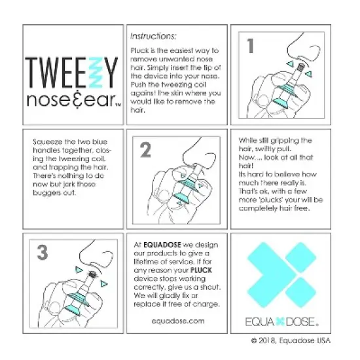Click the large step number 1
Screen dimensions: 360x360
click(249, 46)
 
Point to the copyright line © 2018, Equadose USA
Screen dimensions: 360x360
click(292, 341)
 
